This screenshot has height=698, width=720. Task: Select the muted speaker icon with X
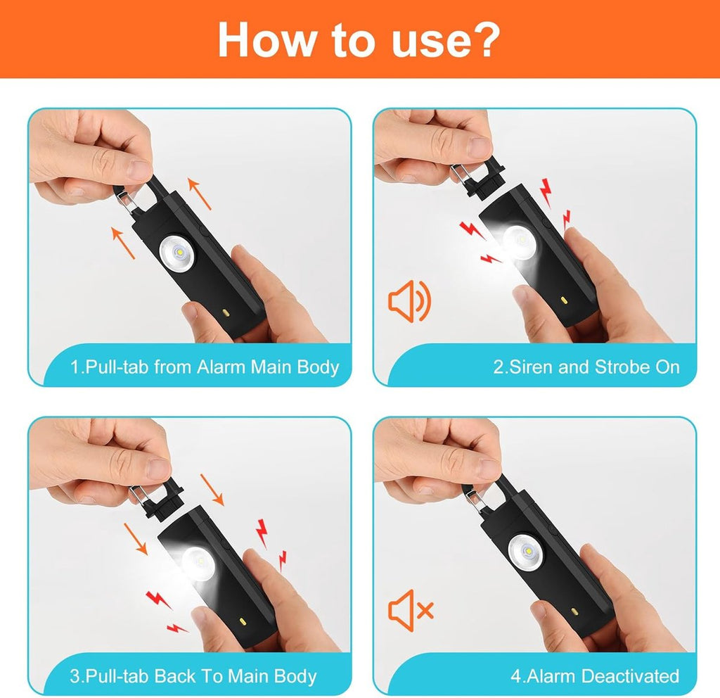click(x=411, y=610)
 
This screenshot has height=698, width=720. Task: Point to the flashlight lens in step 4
click(x=525, y=552)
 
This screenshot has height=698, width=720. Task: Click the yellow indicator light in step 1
click(x=226, y=313)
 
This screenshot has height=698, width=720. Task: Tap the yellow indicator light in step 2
click(x=565, y=301)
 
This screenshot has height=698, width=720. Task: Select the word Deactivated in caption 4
click(x=629, y=676)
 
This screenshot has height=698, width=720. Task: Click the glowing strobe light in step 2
click(x=519, y=241)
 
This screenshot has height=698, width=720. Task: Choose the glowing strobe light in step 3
click(x=198, y=564)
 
